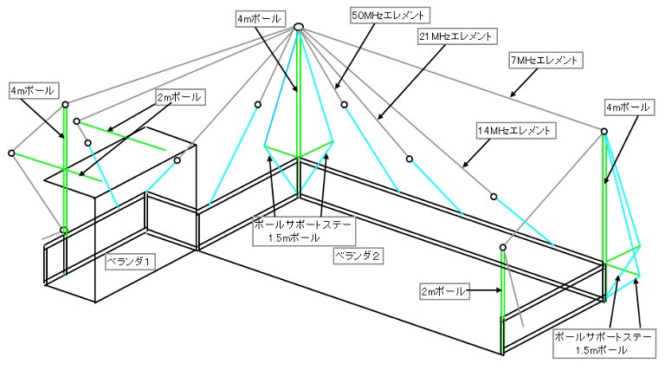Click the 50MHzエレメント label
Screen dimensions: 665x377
[x=388, y=16]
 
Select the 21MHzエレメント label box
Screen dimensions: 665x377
[x=456, y=36]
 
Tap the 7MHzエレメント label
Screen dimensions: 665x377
[x=544, y=61]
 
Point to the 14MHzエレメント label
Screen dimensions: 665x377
[x=514, y=130]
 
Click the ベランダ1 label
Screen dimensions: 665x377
[x=128, y=261]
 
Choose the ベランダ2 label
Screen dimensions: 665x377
[x=358, y=256]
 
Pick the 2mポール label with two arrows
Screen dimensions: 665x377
[x=179, y=97]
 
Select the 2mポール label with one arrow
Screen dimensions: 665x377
[x=442, y=292]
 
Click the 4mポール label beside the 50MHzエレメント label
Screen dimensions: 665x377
[x=259, y=19]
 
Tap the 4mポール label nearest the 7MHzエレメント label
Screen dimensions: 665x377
[x=628, y=107]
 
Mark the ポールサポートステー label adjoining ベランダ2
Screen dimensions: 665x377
[x=304, y=231]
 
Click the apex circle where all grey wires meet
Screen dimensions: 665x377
[x=299, y=27]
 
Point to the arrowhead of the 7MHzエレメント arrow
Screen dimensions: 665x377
[x=513, y=94]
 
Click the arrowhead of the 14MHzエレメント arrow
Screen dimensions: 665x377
[x=465, y=165]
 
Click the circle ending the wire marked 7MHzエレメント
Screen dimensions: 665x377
[x=604, y=132]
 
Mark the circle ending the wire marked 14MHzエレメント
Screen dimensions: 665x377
[x=494, y=197]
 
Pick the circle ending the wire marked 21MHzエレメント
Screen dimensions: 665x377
[x=410, y=159]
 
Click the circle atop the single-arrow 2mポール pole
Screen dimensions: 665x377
[x=502, y=247]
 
